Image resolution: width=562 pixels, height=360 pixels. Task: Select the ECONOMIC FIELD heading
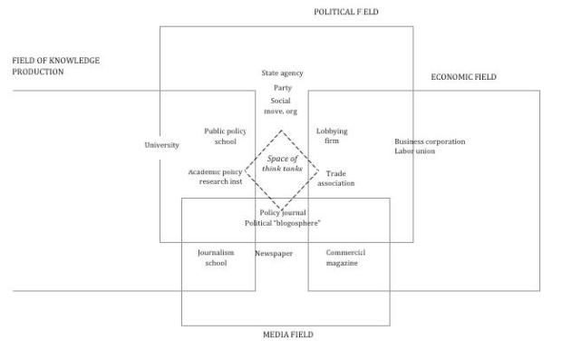[463, 77]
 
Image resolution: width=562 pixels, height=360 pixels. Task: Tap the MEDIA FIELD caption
[287, 335]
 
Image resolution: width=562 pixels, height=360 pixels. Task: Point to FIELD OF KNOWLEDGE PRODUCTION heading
[55, 66]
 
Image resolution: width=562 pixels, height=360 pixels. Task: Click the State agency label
[282, 73]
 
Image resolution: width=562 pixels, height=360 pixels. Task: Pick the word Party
[282, 88]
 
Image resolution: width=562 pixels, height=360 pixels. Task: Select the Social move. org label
[280, 105]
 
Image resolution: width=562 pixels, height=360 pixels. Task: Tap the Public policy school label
[225, 136]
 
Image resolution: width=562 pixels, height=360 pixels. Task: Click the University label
[161, 145]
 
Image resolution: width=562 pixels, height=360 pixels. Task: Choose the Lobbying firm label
[332, 136]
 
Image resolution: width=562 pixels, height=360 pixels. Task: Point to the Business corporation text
[430, 141]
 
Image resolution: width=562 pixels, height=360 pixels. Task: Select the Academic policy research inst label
[218, 176]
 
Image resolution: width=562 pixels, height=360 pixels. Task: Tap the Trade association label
[335, 178]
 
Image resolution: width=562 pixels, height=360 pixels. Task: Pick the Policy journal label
[282, 212]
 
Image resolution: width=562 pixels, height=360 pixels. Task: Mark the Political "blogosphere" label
[283, 222]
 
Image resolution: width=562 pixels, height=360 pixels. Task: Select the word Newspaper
[274, 253]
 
